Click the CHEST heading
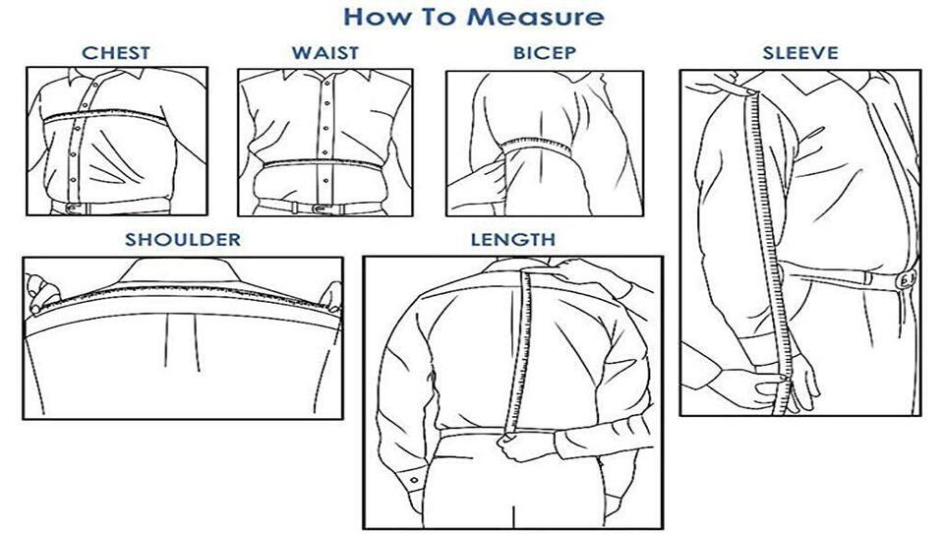[116, 53]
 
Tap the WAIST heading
[325, 53]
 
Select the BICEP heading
[544, 53]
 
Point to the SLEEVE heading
[800, 53]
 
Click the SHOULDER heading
[183, 240]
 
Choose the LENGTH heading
[513, 240]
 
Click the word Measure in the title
[535, 17]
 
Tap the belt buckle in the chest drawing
[75, 208]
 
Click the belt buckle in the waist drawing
[320, 208]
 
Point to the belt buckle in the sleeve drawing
[906, 280]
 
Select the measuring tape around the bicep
[537, 146]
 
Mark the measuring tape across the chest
[105, 114]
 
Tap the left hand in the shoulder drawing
[42, 293]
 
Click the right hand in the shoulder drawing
[331, 297]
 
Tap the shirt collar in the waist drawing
[325, 76]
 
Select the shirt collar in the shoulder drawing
[182, 270]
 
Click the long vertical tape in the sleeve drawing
[768, 253]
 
